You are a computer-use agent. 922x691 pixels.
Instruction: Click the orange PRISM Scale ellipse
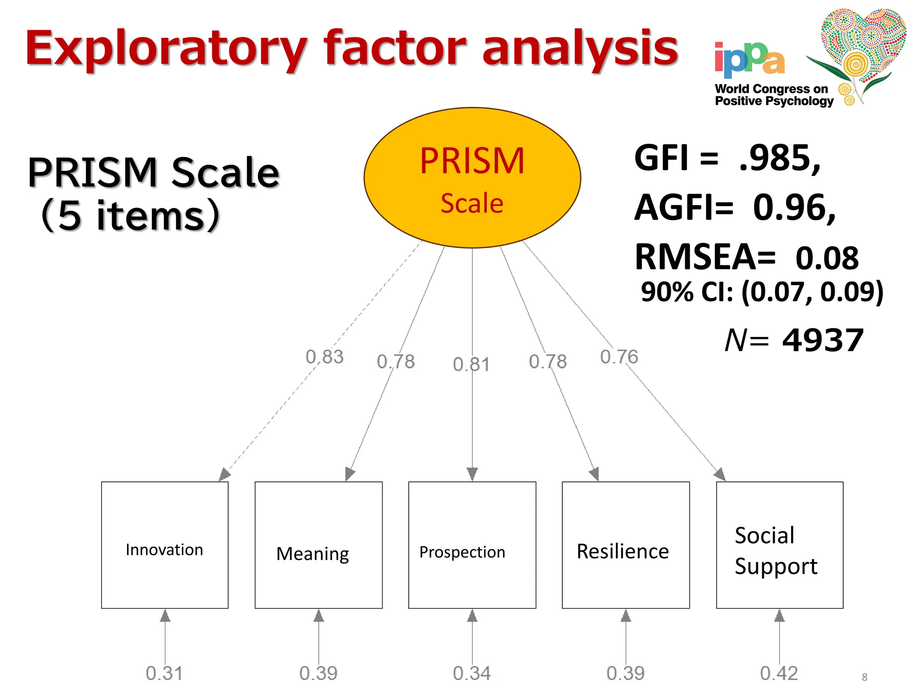pyautogui.click(x=472, y=178)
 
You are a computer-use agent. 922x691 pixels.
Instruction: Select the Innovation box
pyautogui.click(x=165, y=545)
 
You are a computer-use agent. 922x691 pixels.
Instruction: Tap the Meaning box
pyautogui.click(x=318, y=545)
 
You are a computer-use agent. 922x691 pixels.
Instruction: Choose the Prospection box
pyautogui.click(x=472, y=545)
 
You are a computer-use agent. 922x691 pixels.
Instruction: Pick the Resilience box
pyautogui.click(x=625, y=545)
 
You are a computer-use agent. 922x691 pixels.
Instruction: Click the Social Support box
pyautogui.click(x=779, y=545)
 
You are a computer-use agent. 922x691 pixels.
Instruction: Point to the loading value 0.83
pyautogui.click(x=325, y=357)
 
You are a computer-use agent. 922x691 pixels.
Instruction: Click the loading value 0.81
pyautogui.click(x=471, y=364)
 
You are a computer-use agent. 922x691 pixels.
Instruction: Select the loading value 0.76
pyautogui.click(x=619, y=357)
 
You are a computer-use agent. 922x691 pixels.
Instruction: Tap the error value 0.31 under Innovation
pyautogui.click(x=164, y=673)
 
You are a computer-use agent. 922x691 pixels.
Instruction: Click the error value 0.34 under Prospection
pyautogui.click(x=472, y=673)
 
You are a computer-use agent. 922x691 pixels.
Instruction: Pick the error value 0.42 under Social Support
pyautogui.click(x=779, y=673)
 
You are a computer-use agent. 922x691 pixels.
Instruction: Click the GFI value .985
pyautogui.click(x=779, y=158)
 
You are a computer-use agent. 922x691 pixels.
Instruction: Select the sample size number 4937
pyautogui.click(x=823, y=341)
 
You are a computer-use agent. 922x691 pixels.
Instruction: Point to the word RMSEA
pyautogui.click(x=705, y=257)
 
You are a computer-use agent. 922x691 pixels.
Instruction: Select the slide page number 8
pyautogui.click(x=864, y=677)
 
